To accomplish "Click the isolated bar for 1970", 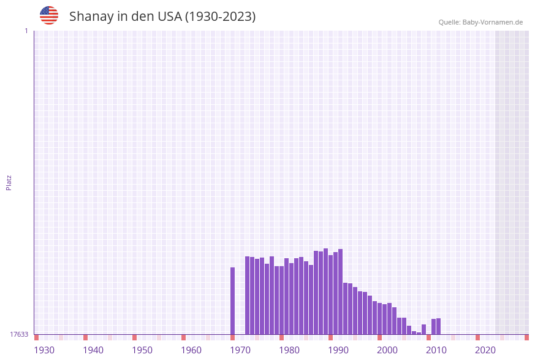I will pos(233,301).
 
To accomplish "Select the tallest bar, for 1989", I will pos(326,291).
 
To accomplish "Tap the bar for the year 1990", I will pos(331,294).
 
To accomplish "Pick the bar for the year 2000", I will pos(380,318).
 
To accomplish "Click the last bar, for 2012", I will pos(439,326).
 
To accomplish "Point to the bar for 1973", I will pos(248,295).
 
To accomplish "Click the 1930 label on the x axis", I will pos(44,350).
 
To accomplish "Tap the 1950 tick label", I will pos(142,350).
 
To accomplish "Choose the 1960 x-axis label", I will pos(191,350).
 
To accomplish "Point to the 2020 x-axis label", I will pos(485,350).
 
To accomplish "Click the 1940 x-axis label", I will pos(93,350).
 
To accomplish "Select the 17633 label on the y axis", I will pos(19,334).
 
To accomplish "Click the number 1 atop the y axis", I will pos(26,31).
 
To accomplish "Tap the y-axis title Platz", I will pos(9,182).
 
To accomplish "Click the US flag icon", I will pos(49,15).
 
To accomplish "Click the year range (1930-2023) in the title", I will pos(220,17).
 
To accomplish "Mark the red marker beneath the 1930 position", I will pos(37,337).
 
